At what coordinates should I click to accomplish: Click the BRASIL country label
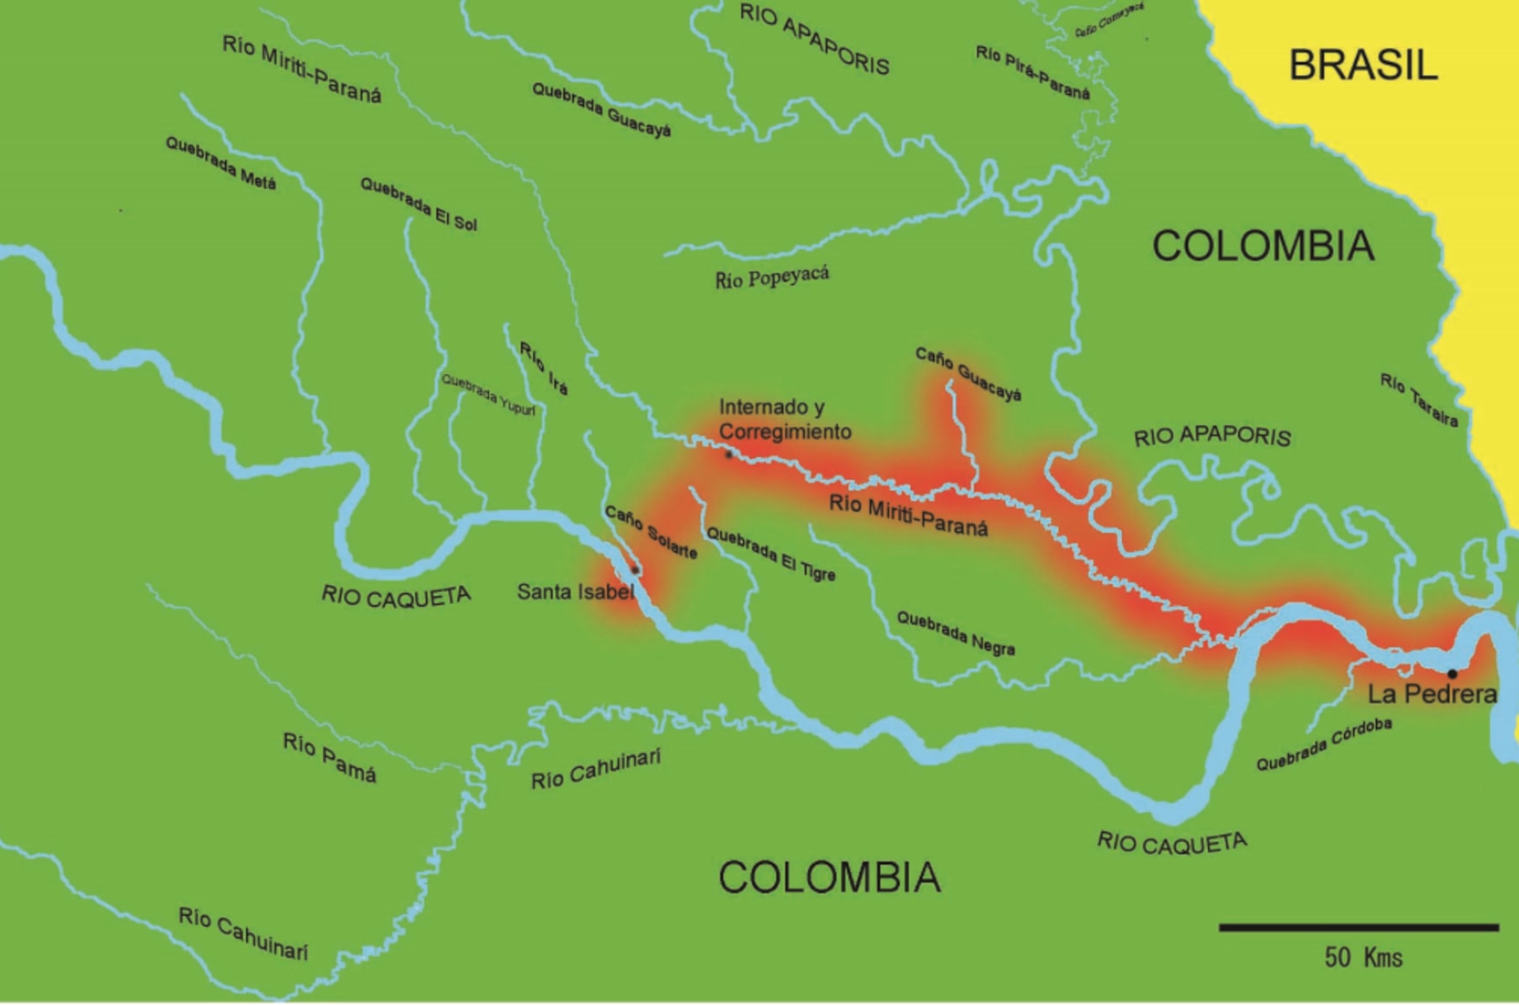(1363, 66)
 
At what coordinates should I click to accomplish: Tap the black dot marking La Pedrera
(1452, 674)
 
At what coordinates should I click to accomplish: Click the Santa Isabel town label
(574, 592)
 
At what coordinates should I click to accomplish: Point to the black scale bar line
(1358, 928)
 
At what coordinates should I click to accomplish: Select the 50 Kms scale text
(1363, 958)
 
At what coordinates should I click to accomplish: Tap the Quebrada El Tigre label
(771, 555)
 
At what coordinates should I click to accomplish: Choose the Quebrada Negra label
(956, 633)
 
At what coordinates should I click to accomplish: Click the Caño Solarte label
(651, 532)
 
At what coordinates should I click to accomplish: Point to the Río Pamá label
(329, 757)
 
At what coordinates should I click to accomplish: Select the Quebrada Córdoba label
(1323, 745)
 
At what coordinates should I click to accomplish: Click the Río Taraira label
(1419, 400)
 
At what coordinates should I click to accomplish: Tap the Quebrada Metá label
(220, 163)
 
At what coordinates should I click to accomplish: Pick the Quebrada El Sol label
(419, 203)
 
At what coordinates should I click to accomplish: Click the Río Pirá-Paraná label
(1032, 72)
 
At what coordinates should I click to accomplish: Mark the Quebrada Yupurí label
(488, 394)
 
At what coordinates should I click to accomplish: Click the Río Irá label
(544, 368)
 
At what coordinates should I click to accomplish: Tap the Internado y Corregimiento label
(784, 419)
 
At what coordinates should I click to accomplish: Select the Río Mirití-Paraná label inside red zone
(908, 515)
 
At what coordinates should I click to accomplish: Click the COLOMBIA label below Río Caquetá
(829, 877)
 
